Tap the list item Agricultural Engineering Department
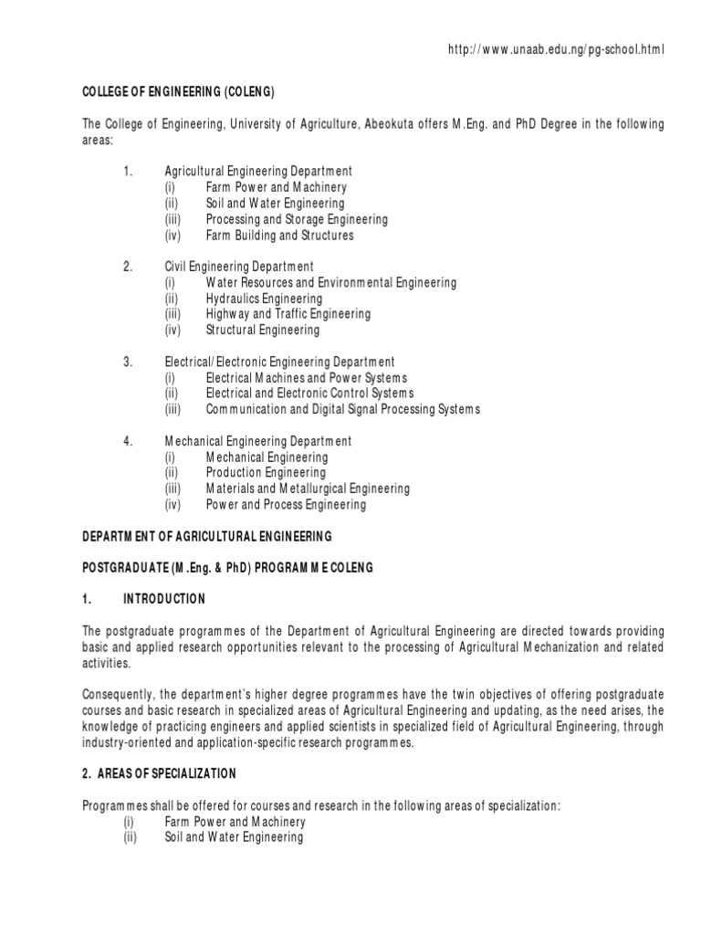tap(258, 172)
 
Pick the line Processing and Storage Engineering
tap(297, 219)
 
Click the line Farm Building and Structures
tap(279, 236)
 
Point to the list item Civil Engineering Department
tap(239, 267)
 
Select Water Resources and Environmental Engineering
tap(330, 283)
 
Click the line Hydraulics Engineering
tap(264, 299)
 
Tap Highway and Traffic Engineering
tap(288, 314)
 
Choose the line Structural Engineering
tap(263, 330)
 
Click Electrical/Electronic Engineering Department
tap(279, 362)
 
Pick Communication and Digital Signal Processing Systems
tap(342, 409)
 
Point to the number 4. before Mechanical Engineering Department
tap(128, 441)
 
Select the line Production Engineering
tap(266, 473)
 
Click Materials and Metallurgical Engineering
tap(308, 489)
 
